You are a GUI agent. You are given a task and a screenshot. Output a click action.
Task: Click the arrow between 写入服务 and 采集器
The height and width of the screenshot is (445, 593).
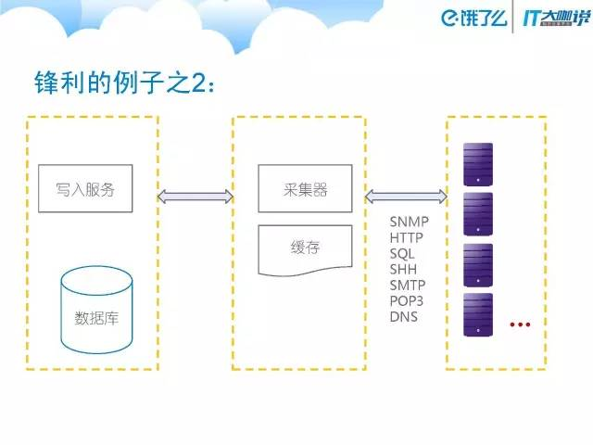pos(195,196)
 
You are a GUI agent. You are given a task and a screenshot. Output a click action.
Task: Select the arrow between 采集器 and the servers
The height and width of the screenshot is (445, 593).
pos(407,196)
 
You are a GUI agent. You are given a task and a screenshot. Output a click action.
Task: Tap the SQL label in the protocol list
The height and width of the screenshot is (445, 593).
pos(402,254)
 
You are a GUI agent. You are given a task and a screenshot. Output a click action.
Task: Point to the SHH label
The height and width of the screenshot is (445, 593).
pos(403,270)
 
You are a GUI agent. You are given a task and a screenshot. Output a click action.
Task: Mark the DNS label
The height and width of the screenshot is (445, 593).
pos(404,317)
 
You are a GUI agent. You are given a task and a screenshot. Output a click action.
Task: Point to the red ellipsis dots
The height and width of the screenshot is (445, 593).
pos(519,324)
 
